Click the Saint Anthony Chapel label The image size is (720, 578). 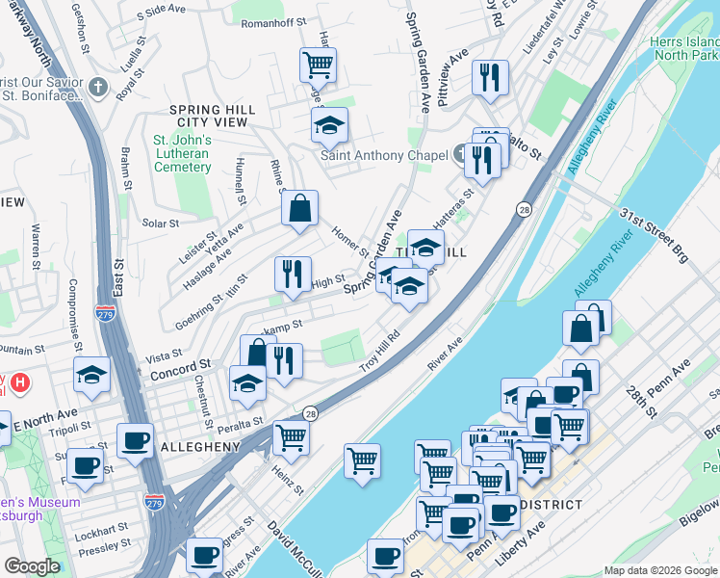click(383, 155)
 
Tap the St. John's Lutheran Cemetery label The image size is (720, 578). click(182, 153)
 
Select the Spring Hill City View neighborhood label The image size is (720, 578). click(208, 117)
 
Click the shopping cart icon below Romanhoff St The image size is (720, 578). click(318, 66)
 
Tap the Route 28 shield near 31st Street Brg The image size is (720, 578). click(524, 209)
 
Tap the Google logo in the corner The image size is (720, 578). click(32, 566)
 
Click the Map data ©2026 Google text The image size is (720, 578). click(660, 570)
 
